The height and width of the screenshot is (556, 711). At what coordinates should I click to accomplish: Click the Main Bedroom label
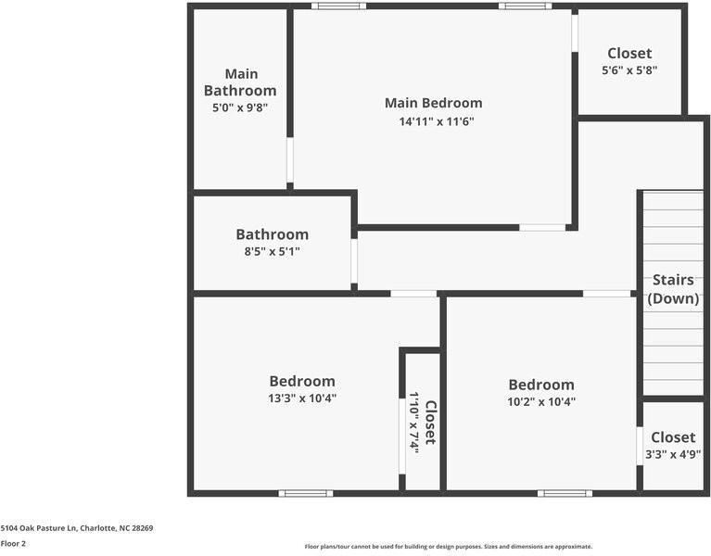pyautogui.click(x=433, y=103)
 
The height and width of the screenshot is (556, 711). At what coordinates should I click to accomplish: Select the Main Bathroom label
pyautogui.click(x=240, y=82)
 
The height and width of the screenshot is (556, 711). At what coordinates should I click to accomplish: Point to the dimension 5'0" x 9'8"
pyautogui.click(x=240, y=108)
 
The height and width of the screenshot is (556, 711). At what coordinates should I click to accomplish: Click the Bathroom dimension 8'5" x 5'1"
pyautogui.click(x=272, y=251)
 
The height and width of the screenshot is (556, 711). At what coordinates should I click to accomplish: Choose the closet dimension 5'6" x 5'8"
pyautogui.click(x=629, y=70)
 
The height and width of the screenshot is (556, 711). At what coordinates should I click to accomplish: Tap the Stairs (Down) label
pyautogui.click(x=673, y=289)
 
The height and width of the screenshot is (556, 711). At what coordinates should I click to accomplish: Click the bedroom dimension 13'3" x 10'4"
pyautogui.click(x=302, y=398)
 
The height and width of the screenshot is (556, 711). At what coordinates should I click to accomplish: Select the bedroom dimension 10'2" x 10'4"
pyautogui.click(x=540, y=402)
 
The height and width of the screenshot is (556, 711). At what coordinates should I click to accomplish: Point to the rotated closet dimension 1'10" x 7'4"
pyautogui.click(x=415, y=422)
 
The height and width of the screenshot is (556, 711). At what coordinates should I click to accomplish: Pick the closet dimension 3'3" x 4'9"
pyautogui.click(x=673, y=454)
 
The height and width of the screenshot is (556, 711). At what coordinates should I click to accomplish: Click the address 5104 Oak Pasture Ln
pyautogui.click(x=77, y=528)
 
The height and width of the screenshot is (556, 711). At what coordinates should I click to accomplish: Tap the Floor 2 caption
pyautogui.click(x=13, y=543)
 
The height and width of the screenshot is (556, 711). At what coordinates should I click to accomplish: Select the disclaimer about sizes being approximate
pyautogui.click(x=449, y=547)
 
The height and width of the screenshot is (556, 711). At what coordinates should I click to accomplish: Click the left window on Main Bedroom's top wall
pyautogui.click(x=338, y=6)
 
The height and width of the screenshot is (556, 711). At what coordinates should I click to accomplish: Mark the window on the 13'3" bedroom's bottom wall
pyautogui.click(x=306, y=493)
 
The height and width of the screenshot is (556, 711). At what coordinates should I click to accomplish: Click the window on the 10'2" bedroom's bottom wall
pyautogui.click(x=565, y=493)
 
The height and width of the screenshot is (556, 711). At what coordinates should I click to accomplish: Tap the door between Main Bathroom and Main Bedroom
pyautogui.click(x=290, y=161)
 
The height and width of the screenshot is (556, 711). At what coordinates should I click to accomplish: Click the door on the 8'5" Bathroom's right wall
pyautogui.click(x=354, y=261)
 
